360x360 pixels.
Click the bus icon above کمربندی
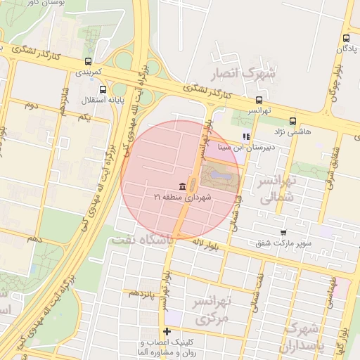coord(88,61)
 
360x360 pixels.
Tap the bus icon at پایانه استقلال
coord(103,89)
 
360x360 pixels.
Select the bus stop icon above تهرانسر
coord(259,100)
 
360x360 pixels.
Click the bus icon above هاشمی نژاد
coord(292,120)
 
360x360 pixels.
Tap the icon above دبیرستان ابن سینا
coord(245,136)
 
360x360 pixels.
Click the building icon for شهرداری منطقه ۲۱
coord(183,186)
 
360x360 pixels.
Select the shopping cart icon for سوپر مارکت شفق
coord(283,233)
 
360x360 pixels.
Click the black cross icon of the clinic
coord(167,331)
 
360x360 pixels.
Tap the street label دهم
coord(34,240)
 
